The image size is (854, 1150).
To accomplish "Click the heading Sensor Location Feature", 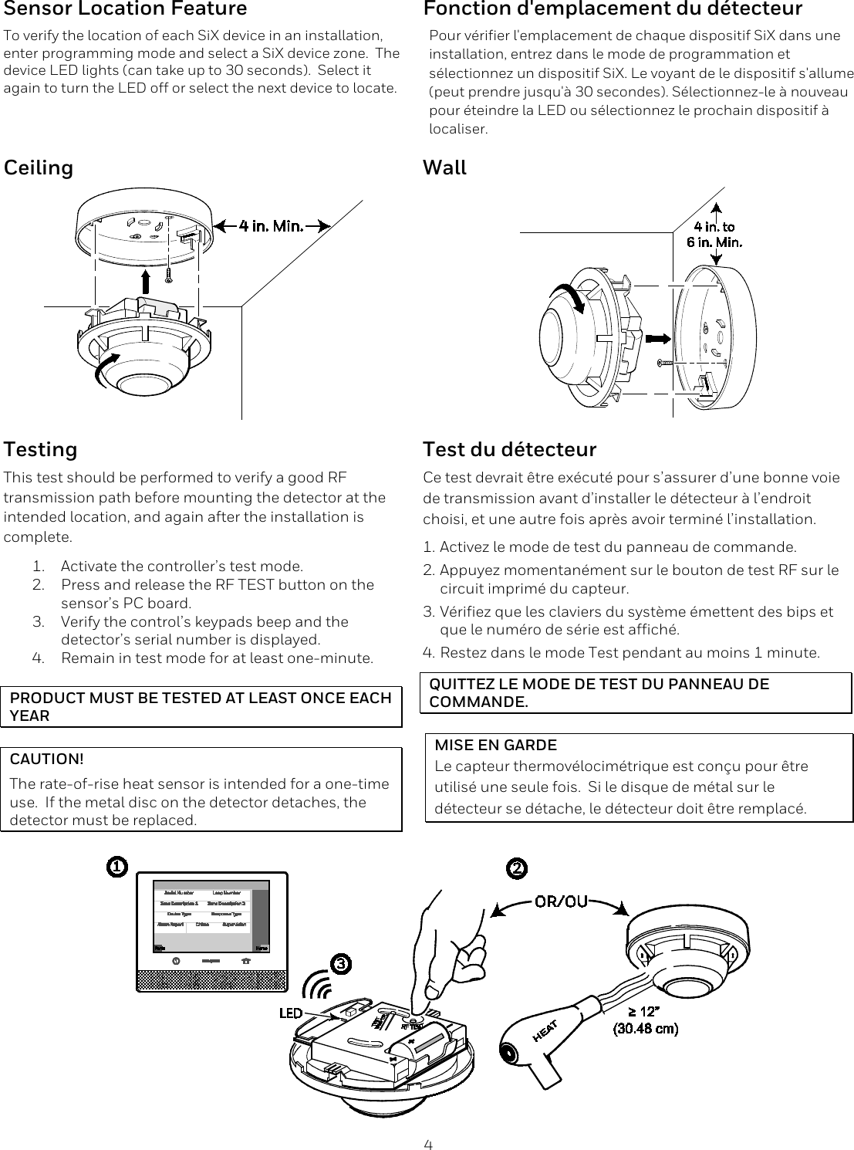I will click(126, 9).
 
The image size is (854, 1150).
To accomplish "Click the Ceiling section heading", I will click(39, 167).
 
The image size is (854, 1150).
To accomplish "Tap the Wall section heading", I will click(444, 167).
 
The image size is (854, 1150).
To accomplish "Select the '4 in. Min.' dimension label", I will click(270, 225).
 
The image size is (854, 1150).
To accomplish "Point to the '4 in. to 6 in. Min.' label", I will click(714, 234).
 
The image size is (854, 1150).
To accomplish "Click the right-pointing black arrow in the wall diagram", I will click(657, 338).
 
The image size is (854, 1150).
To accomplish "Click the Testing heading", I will click(41, 449).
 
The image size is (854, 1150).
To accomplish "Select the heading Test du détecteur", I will click(509, 449).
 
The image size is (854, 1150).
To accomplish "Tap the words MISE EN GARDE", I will click(496, 746).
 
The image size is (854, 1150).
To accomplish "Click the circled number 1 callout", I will click(116, 868).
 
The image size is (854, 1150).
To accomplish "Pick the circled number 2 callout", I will click(516, 868).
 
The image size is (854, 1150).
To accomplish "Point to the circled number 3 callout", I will click(341, 964).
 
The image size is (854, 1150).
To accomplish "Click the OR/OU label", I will click(561, 901).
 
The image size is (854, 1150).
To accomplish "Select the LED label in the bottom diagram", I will click(290, 1013).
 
